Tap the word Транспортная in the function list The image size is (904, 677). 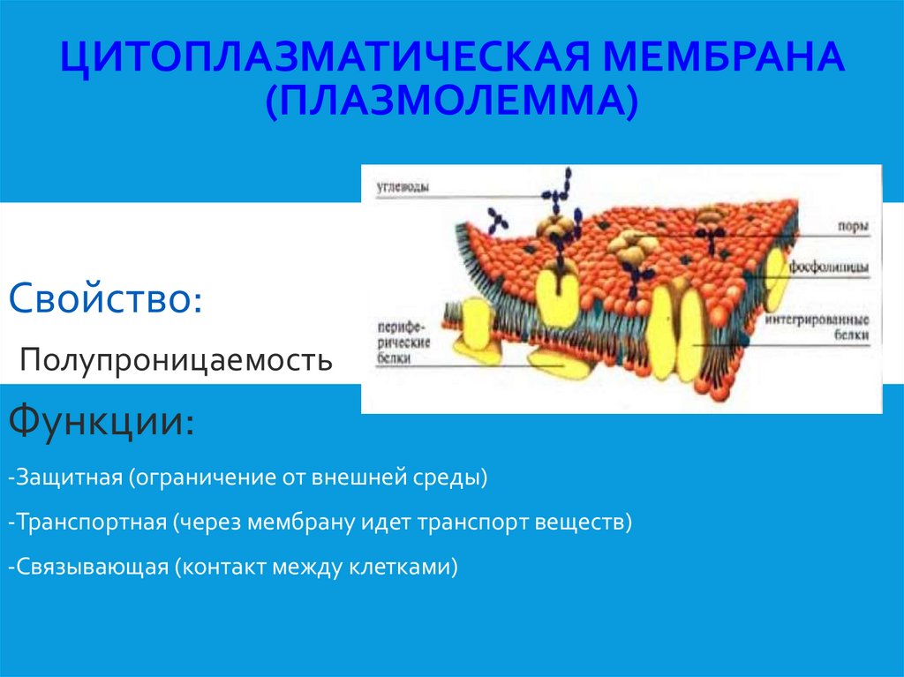tap(88, 522)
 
